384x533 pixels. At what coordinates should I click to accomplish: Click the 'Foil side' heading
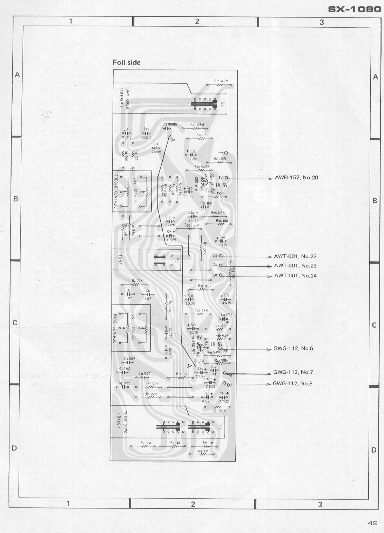[x=126, y=63]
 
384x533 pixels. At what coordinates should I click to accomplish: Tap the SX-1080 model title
[x=354, y=9]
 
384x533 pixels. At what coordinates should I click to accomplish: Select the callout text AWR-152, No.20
[x=296, y=178]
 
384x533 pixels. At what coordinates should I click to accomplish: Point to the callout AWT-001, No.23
[x=295, y=266]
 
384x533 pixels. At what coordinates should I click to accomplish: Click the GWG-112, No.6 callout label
[x=293, y=348]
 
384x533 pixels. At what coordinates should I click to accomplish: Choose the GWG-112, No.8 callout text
[x=292, y=383]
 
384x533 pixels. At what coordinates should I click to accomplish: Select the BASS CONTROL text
[x=115, y=328]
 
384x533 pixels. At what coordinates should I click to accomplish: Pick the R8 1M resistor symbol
[x=203, y=455]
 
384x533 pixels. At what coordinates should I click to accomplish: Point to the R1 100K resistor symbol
[x=220, y=407]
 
